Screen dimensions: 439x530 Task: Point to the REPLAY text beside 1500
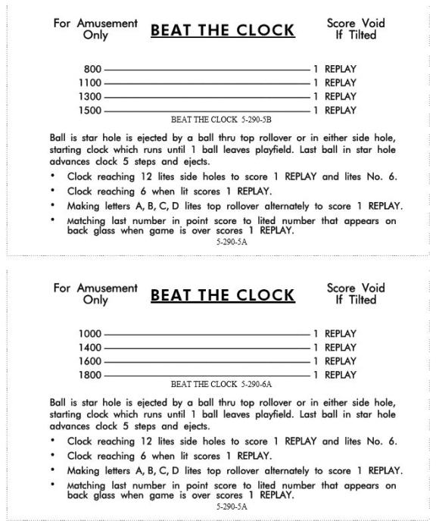[x=340, y=111]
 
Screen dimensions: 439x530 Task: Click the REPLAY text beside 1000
[x=340, y=334]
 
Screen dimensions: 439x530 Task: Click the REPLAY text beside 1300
[x=340, y=97]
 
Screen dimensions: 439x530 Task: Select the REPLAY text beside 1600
[x=340, y=361]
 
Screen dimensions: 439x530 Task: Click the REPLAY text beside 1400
[x=340, y=348]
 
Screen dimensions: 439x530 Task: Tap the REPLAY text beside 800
[x=340, y=70]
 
